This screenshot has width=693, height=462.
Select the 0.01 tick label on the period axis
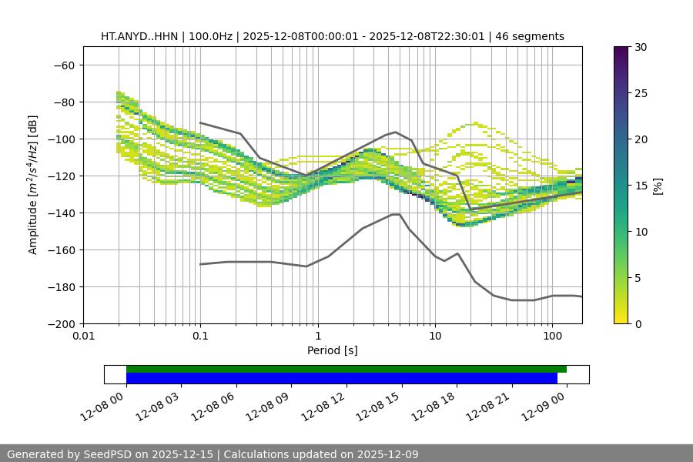[83, 336]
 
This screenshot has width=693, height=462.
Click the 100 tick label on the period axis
[552, 336]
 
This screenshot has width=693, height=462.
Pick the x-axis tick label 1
[317, 336]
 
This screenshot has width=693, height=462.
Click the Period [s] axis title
[332, 350]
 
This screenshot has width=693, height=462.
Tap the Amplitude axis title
[33, 185]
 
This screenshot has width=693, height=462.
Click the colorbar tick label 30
[640, 47]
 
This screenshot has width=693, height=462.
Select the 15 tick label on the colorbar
[640, 186]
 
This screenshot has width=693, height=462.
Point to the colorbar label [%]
[658, 186]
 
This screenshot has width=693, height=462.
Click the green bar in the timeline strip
[346, 369]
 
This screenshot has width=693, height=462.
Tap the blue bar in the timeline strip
[341, 378]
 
